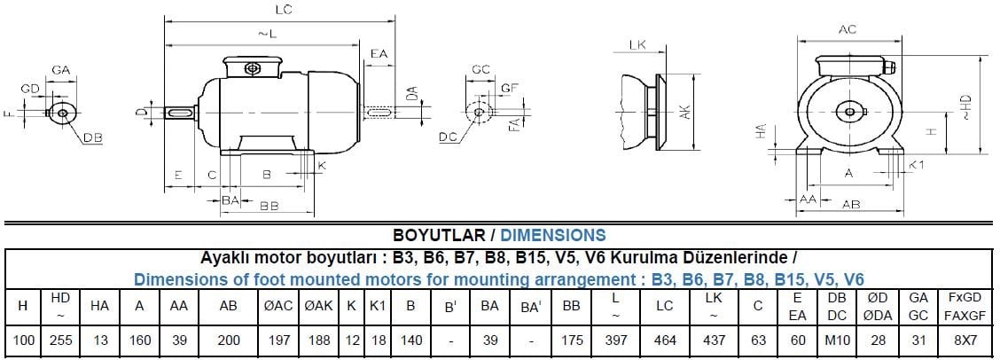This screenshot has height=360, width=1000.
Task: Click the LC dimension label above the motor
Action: click(284, 10)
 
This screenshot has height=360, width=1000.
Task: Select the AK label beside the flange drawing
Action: click(684, 113)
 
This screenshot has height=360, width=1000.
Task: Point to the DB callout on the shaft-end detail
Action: click(94, 137)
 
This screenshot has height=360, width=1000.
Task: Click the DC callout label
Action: click(449, 137)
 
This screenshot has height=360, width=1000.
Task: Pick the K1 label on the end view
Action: click(917, 165)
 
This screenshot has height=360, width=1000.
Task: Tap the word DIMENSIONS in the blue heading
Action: click(553, 235)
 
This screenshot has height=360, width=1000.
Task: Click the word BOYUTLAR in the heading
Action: click(439, 235)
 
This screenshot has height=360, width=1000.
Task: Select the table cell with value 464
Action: click(665, 340)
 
